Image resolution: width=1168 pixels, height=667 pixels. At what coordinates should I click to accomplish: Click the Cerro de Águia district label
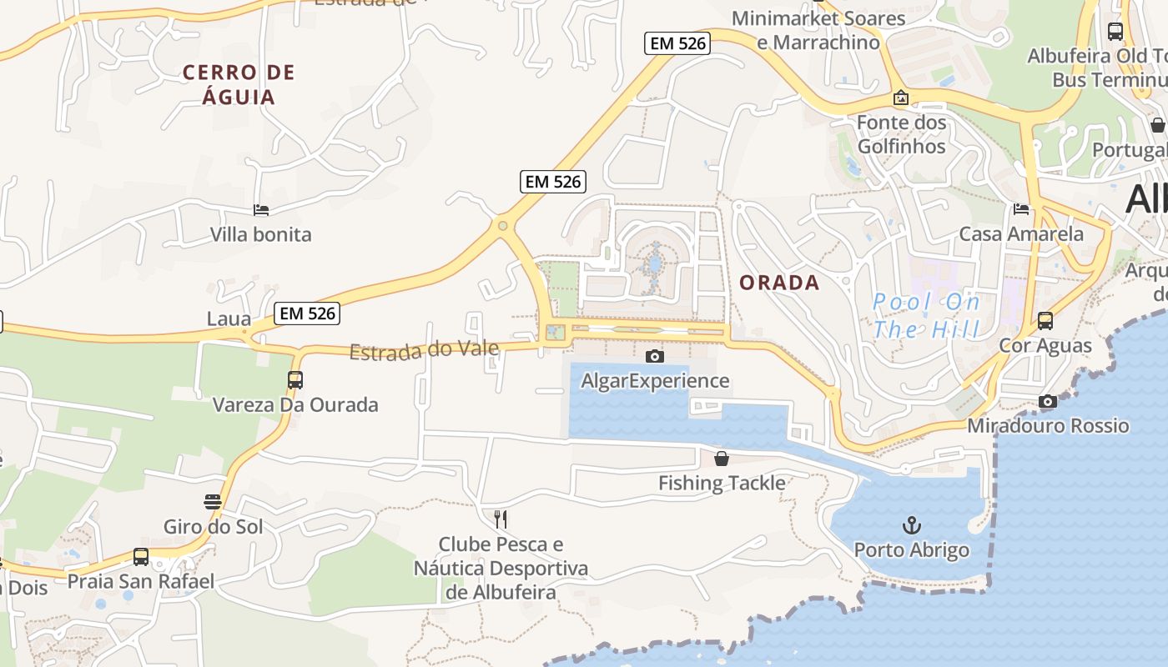[x=239, y=84]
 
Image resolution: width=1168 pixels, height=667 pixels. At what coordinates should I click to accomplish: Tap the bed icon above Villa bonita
[x=261, y=210]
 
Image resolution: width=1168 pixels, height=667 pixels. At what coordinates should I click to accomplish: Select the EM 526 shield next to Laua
[x=307, y=313]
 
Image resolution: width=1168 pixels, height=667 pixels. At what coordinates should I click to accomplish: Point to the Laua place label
[x=229, y=318]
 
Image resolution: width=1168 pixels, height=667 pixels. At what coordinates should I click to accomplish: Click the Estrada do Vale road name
[x=424, y=349]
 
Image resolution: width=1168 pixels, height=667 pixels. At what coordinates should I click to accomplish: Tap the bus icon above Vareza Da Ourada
[x=295, y=380]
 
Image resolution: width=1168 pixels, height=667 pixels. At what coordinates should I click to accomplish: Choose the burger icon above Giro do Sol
[x=213, y=501]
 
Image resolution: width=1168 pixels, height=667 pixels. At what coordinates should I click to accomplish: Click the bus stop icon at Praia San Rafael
[x=141, y=556]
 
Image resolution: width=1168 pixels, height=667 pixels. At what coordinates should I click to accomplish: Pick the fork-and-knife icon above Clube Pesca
[x=501, y=519]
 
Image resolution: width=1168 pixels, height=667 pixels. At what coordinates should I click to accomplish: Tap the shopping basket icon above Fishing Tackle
[x=722, y=459]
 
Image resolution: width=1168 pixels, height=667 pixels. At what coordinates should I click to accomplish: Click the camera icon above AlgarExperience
[x=655, y=356]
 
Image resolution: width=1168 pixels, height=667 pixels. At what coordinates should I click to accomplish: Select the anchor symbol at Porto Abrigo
[x=912, y=525]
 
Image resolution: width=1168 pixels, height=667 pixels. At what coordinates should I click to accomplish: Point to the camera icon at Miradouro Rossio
[x=1048, y=401]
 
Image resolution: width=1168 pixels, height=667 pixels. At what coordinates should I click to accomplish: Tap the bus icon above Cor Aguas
[x=1045, y=320]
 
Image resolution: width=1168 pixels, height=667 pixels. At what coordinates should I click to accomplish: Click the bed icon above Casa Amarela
[x=1021, y=208]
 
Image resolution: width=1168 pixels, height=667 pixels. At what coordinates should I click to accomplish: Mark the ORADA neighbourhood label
[x=779, y=283]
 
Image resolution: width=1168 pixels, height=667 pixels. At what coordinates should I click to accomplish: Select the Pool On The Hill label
[x=926, y=315]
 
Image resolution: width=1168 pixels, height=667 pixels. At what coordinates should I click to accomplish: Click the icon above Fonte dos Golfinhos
[x=901, y=98]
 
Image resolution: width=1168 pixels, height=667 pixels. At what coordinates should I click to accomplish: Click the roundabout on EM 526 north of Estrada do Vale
[x=502, y=225]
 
